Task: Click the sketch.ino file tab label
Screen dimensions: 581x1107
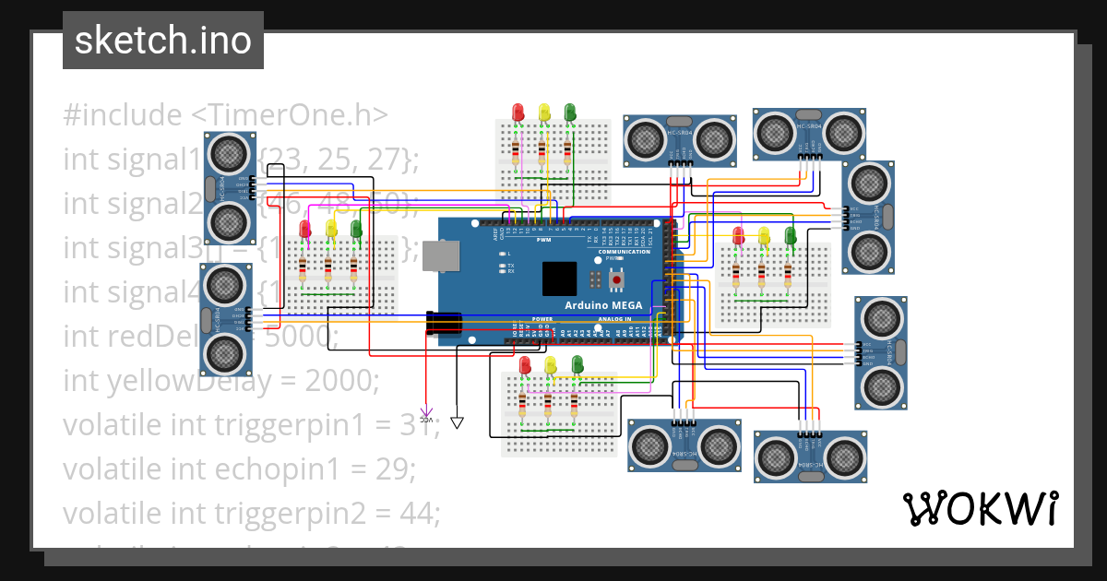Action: pyautogui.click(x=162, y=41)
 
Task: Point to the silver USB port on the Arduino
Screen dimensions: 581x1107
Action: pyautogui.click(x=441, y=256)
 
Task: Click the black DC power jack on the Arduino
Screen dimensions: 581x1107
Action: pyautogui.click(x=444, y=323)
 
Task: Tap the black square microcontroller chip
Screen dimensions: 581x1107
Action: pyautogui.click(x=560, y=279)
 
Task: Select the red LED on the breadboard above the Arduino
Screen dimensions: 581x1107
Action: pyautogui.click(x=518, y=112)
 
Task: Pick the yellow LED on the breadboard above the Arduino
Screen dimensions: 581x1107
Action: pyautogui.click(x=544, y=112)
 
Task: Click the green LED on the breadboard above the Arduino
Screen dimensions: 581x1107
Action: pyautogui.click(x=570, y=112)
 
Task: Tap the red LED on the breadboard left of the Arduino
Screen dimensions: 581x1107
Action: pyautogui.click(x=305, y=229)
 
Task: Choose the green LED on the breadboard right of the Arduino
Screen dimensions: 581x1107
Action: pyautogui.click(x=790, y=234)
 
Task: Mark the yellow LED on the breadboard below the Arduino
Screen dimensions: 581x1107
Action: pyautogui.click(x=551, y=364)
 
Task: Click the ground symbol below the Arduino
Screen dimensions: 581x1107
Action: pyautogui.click(x=458, y=422)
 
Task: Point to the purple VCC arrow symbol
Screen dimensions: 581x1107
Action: pyautogui.click(x=426, y=414)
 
